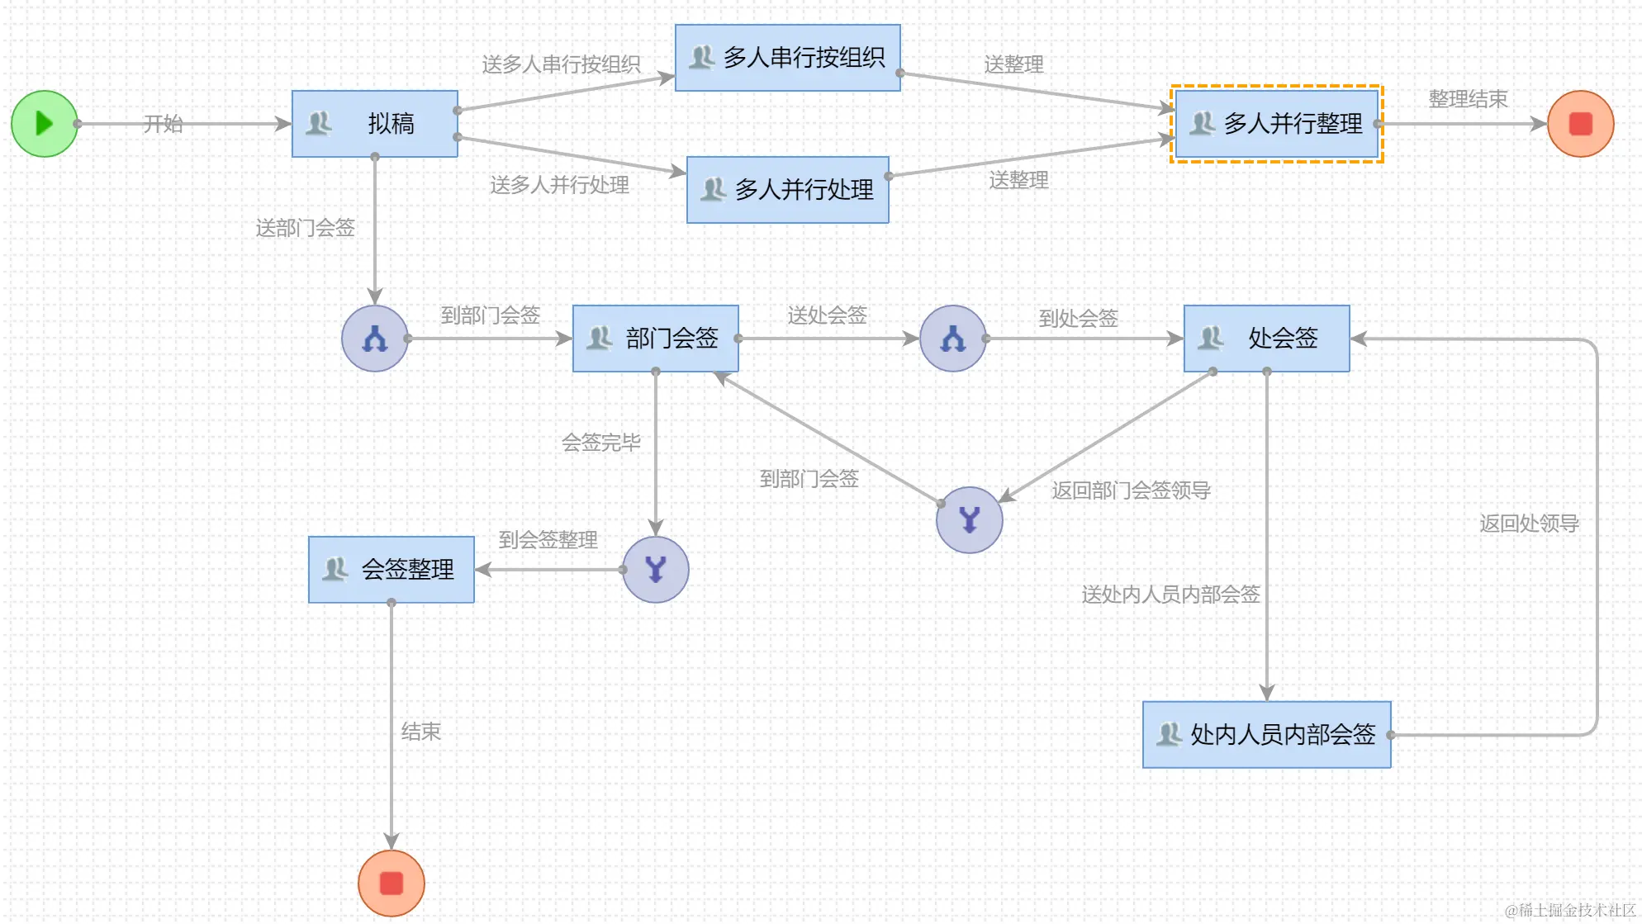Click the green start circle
[x=45, y=124]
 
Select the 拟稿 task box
[x=375, y=124]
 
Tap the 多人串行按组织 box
[x=788, y=58]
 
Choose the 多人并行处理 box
[x=788, y=190]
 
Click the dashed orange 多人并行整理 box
[x=1277, y=124]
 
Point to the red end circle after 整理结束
[x=1580, y=124]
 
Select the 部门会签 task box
[x=656, y=339]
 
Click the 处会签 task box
[x=1267, y=339]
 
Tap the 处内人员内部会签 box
[x=1267, y=735]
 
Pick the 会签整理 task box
[x=392, y=570]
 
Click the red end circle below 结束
[x=392, y=884]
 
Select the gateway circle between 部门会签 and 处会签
[x=953, y=339]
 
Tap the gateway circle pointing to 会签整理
[x=656, y=570]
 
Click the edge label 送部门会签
[x=305, y=228]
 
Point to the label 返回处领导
[x=1529, y=524]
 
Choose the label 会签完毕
[x=600, y=443]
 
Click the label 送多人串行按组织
[x=561, y=64]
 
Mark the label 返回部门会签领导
[x=1131, y=490]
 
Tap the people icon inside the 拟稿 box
[x=319, y=124]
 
